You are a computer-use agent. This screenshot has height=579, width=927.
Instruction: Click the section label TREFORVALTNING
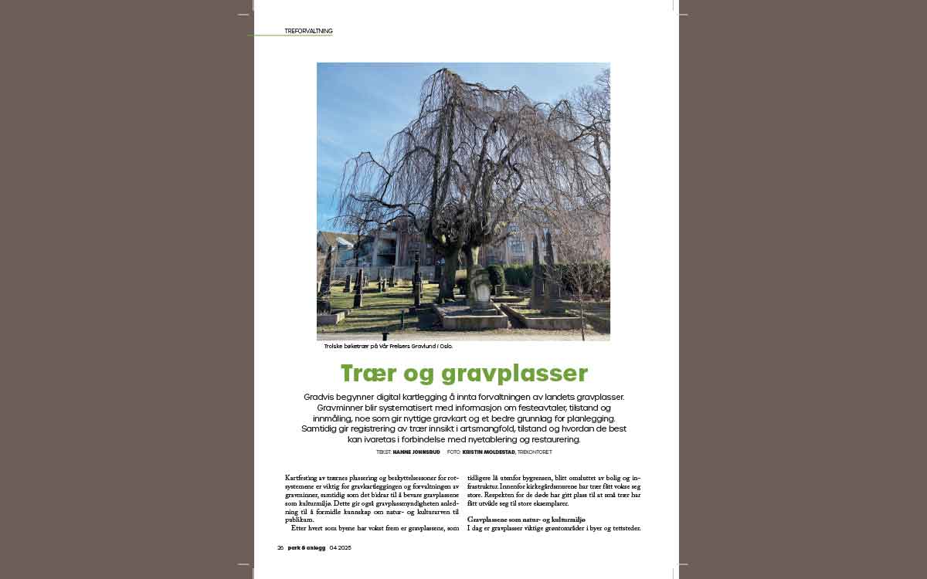tap(308, 31)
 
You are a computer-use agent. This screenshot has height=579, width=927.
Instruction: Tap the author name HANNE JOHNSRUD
tap(416, 452)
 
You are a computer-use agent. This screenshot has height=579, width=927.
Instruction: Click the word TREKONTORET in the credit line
tap(535, 452)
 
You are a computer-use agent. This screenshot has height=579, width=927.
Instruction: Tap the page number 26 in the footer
tap(280, 547)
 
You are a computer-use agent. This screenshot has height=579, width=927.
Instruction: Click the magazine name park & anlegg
tap(307, 547)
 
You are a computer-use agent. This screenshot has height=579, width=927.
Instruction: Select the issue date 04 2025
tap(340, 547)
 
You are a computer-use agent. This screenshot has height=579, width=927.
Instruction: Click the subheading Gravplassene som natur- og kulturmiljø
tap(526, 520)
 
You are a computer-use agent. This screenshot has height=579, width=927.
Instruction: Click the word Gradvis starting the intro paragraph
tap(320, 397)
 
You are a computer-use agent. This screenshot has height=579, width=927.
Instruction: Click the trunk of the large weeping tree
tap(448, 270)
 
